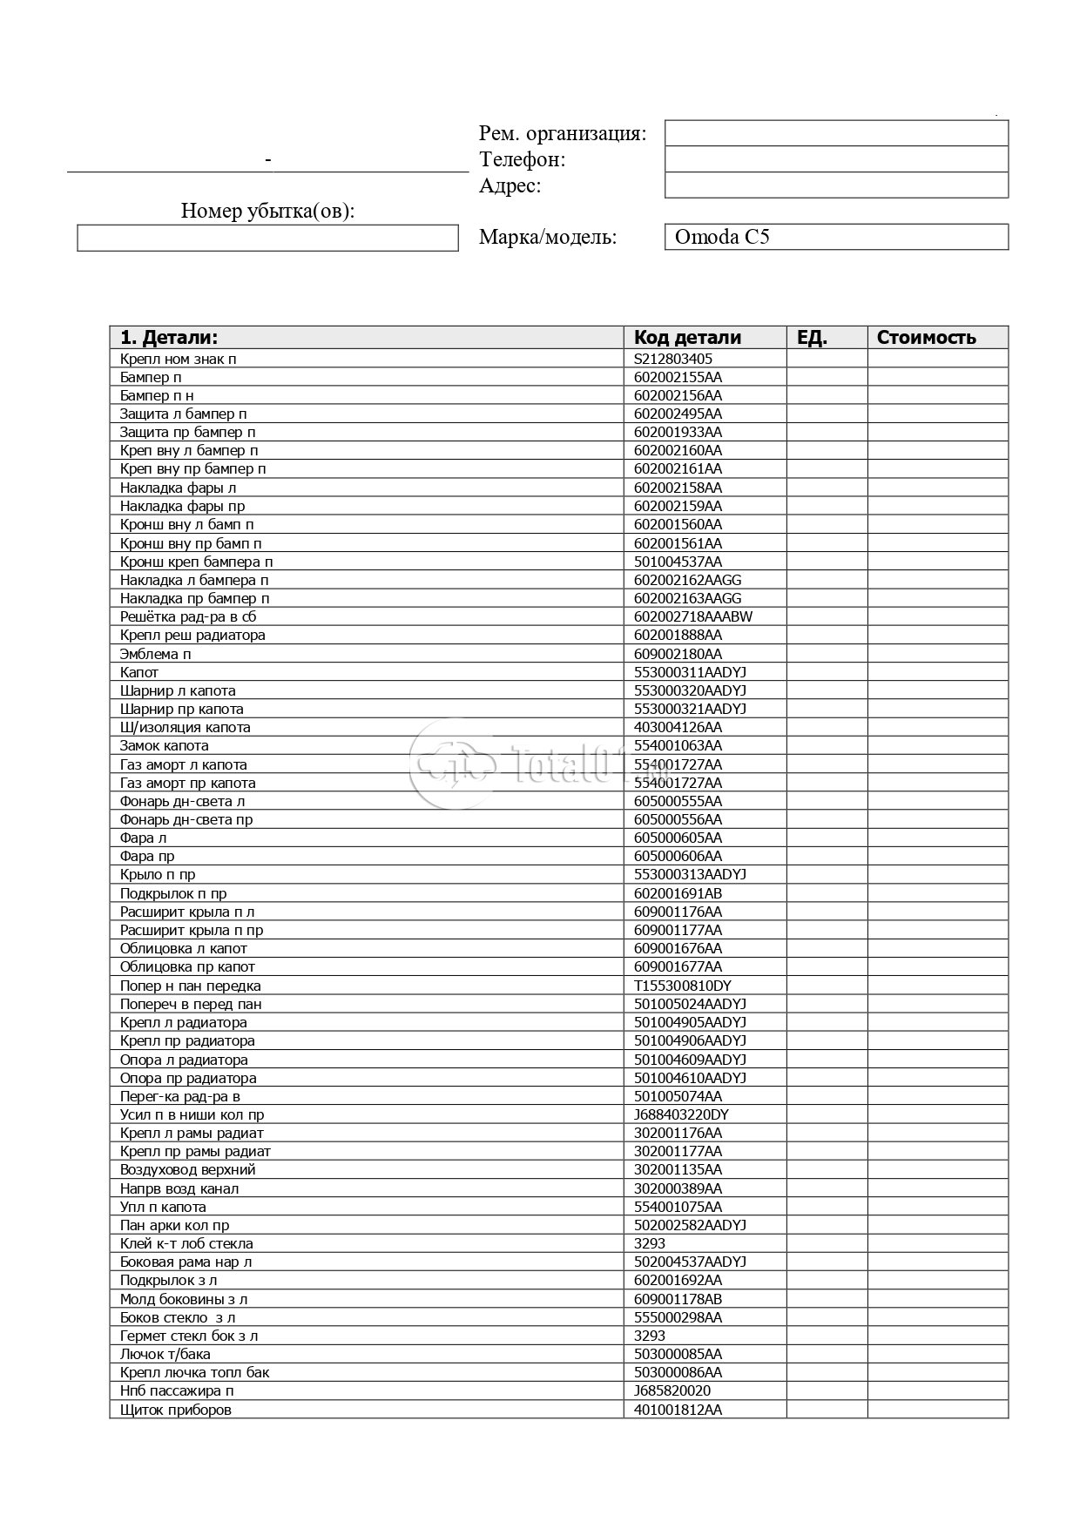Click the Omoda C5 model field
pyautogui.click(x=835, y=237)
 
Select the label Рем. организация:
pyautogui.click(x=563, y=133)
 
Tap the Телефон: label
pyautogui.click(x=523, y=159)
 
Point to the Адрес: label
pyautogui.click(x=510, y=185)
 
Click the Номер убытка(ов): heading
pyautogui.click(x=267, y=211)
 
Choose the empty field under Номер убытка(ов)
pyautogui.click(x=267, y=238)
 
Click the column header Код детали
pyautogui.click(x=687, y=338)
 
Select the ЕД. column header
pyautogui.click(x=812, y=338)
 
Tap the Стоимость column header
pyautogui.click(x=926, y=338)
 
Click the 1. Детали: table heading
pyautogui.click(x=169, y=338)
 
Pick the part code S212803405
pyautogui.click(x=673, y=359)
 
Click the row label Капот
pyautogui.click(x=139, y=672)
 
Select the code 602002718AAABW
pyautogui.click(x=693, y=616)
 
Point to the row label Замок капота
pyautogui.click(x=165, y=745)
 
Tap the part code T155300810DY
pyautogui.click(x=683, y=986)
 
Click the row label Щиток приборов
pyautogui.click(x=176, y=1410)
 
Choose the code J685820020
pyautogui.click(x=672, y=1391)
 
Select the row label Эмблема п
pyautogui.click(x=156, y=654)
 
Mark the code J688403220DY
pyautogui.click(x=682, y=1114)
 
